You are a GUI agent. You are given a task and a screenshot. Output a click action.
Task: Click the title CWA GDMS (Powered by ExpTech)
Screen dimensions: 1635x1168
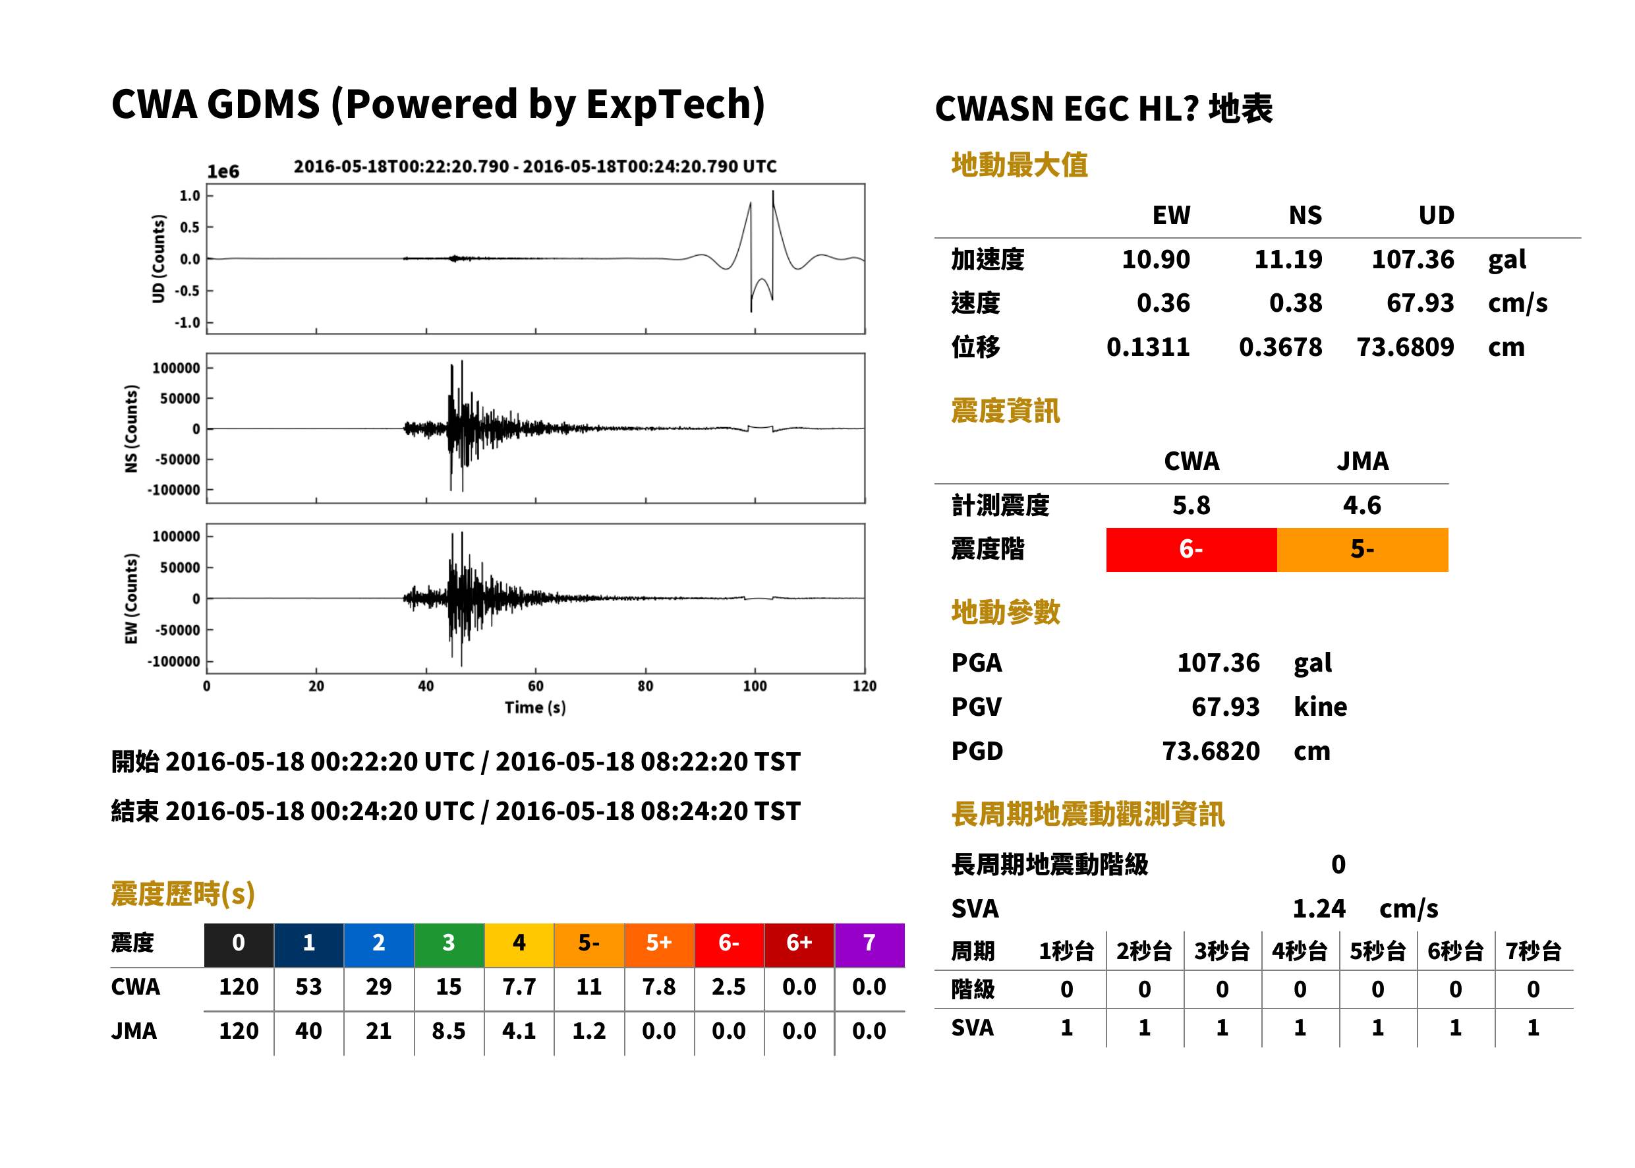pyautogui.click(x=438, y=105)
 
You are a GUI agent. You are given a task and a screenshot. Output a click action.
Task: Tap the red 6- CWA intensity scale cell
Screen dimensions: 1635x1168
pyautogui.click(x=1191, y=550)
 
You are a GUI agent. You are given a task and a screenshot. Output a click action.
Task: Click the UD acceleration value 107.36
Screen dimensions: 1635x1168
pyautogui.click(x=1412, y=259)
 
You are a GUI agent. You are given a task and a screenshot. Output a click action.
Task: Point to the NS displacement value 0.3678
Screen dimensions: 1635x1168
pyautogui.click(x=1280, y=347)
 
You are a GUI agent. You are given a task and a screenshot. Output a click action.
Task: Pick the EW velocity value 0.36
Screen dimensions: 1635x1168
pyautogui.click(x=1162, y=303)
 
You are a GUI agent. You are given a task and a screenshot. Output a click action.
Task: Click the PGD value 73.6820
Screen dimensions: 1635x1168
pyautogui.click(x=1211, y=751)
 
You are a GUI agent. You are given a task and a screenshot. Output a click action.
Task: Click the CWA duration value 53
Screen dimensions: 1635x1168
pyautogui.click(x=308, y=987)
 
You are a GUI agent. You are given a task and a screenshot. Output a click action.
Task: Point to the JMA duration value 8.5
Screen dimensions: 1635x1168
pyautogui.click(x=449, y=1032)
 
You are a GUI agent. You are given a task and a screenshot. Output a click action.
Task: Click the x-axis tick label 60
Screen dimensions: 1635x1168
pyautogui.click(x=536, y=686)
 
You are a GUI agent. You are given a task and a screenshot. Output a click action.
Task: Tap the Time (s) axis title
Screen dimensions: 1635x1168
pyautogui.click(x=536, y=708)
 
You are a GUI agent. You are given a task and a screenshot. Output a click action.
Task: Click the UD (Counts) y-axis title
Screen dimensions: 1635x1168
pyautogui.click(x=158, y=259)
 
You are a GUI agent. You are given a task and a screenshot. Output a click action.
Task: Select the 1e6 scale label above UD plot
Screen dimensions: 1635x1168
pyautogui.click(x=223, y=171)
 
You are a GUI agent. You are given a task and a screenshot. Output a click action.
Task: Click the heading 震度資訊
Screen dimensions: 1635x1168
pyautogui.click(x=1005, y=411)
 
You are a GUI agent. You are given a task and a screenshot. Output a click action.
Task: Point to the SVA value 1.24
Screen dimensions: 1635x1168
pyautogui.click(x=1319, y=908)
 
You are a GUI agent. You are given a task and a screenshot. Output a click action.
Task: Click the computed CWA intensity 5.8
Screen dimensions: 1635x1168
pyautogui.click(x=1191, y=505)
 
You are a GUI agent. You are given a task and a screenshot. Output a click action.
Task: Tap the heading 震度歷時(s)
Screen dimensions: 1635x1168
pyautogui.click(x=183, y=894)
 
